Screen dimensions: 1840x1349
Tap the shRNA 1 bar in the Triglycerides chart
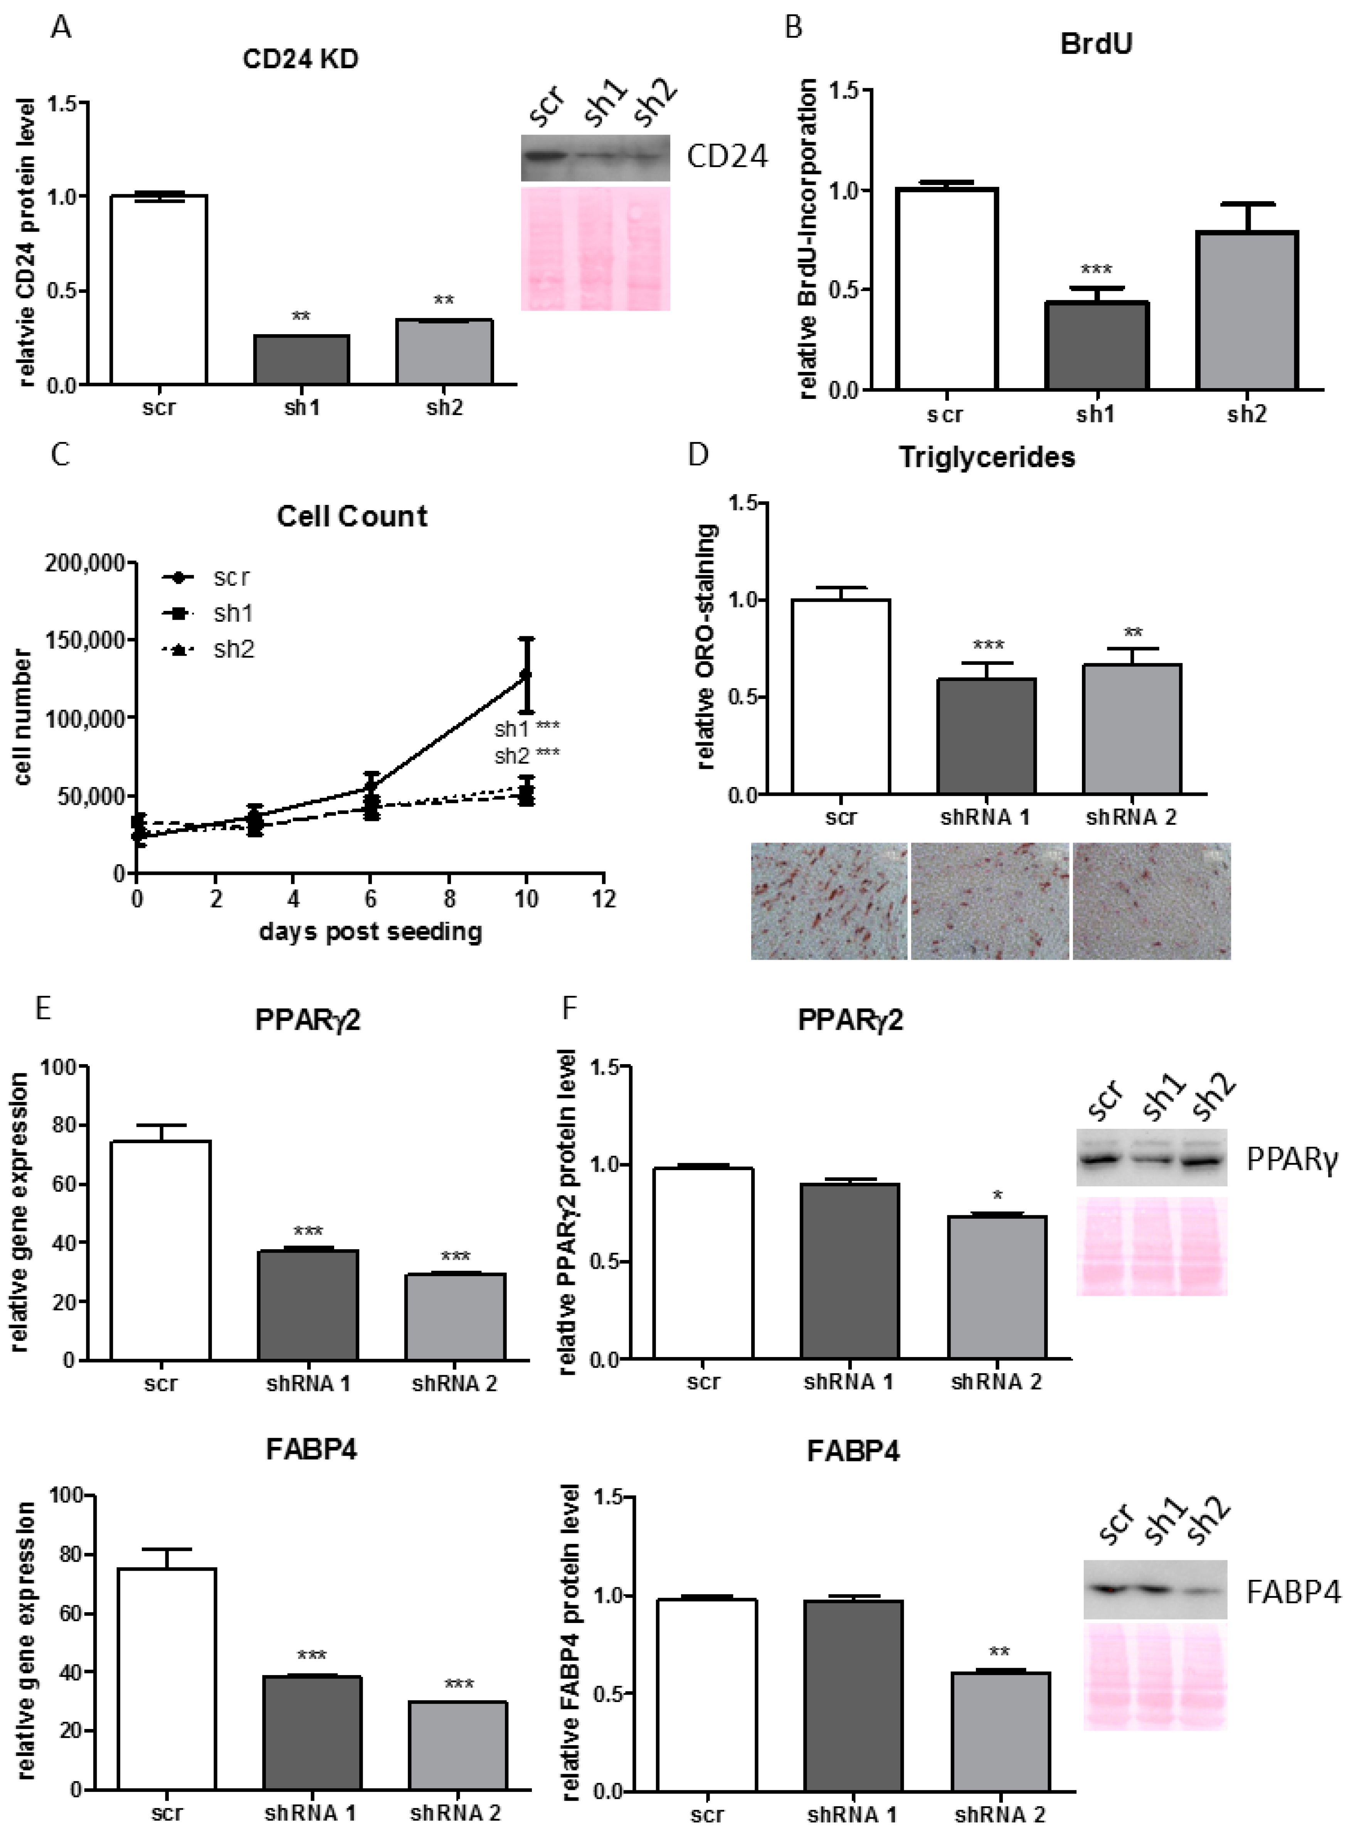click(x=986, y=735)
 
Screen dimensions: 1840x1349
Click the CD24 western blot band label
click(x=727, y=157)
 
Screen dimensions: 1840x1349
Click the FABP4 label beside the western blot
click(x=1293, y=1592)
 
